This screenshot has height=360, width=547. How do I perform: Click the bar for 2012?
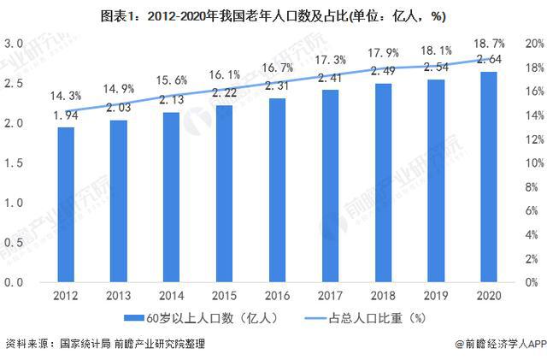click(x=65, y=204)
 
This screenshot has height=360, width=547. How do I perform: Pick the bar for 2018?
click(x=383, y=183)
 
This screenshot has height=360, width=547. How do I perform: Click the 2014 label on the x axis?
click(x=171, y=295)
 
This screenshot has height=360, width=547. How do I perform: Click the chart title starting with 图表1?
click(x=273, y=15)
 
